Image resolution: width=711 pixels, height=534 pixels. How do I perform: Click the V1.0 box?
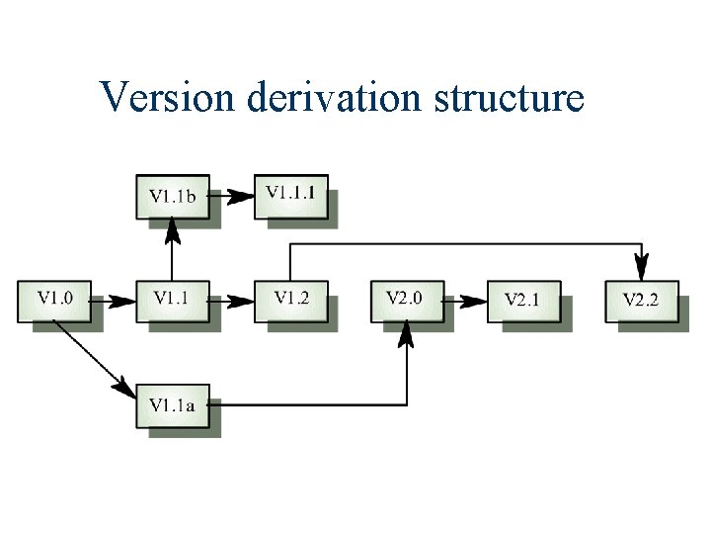coord(54,300)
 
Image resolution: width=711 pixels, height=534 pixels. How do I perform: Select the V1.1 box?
coord(172,300)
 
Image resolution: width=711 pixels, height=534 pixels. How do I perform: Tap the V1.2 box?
coord(290,300)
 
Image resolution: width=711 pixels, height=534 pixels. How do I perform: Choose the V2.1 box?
coord(523,301)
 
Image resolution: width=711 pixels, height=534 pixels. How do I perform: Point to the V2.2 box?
coord(641,301)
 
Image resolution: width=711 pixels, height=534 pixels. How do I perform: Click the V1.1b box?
coord(172,196)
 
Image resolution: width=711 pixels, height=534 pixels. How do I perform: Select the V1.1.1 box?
coord(290,193)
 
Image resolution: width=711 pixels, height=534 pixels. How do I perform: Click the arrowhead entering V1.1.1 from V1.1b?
coord(242,196)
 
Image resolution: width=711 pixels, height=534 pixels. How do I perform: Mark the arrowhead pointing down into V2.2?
coord(642,267)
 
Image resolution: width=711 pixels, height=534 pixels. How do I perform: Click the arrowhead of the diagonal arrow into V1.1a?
coord(125,389)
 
